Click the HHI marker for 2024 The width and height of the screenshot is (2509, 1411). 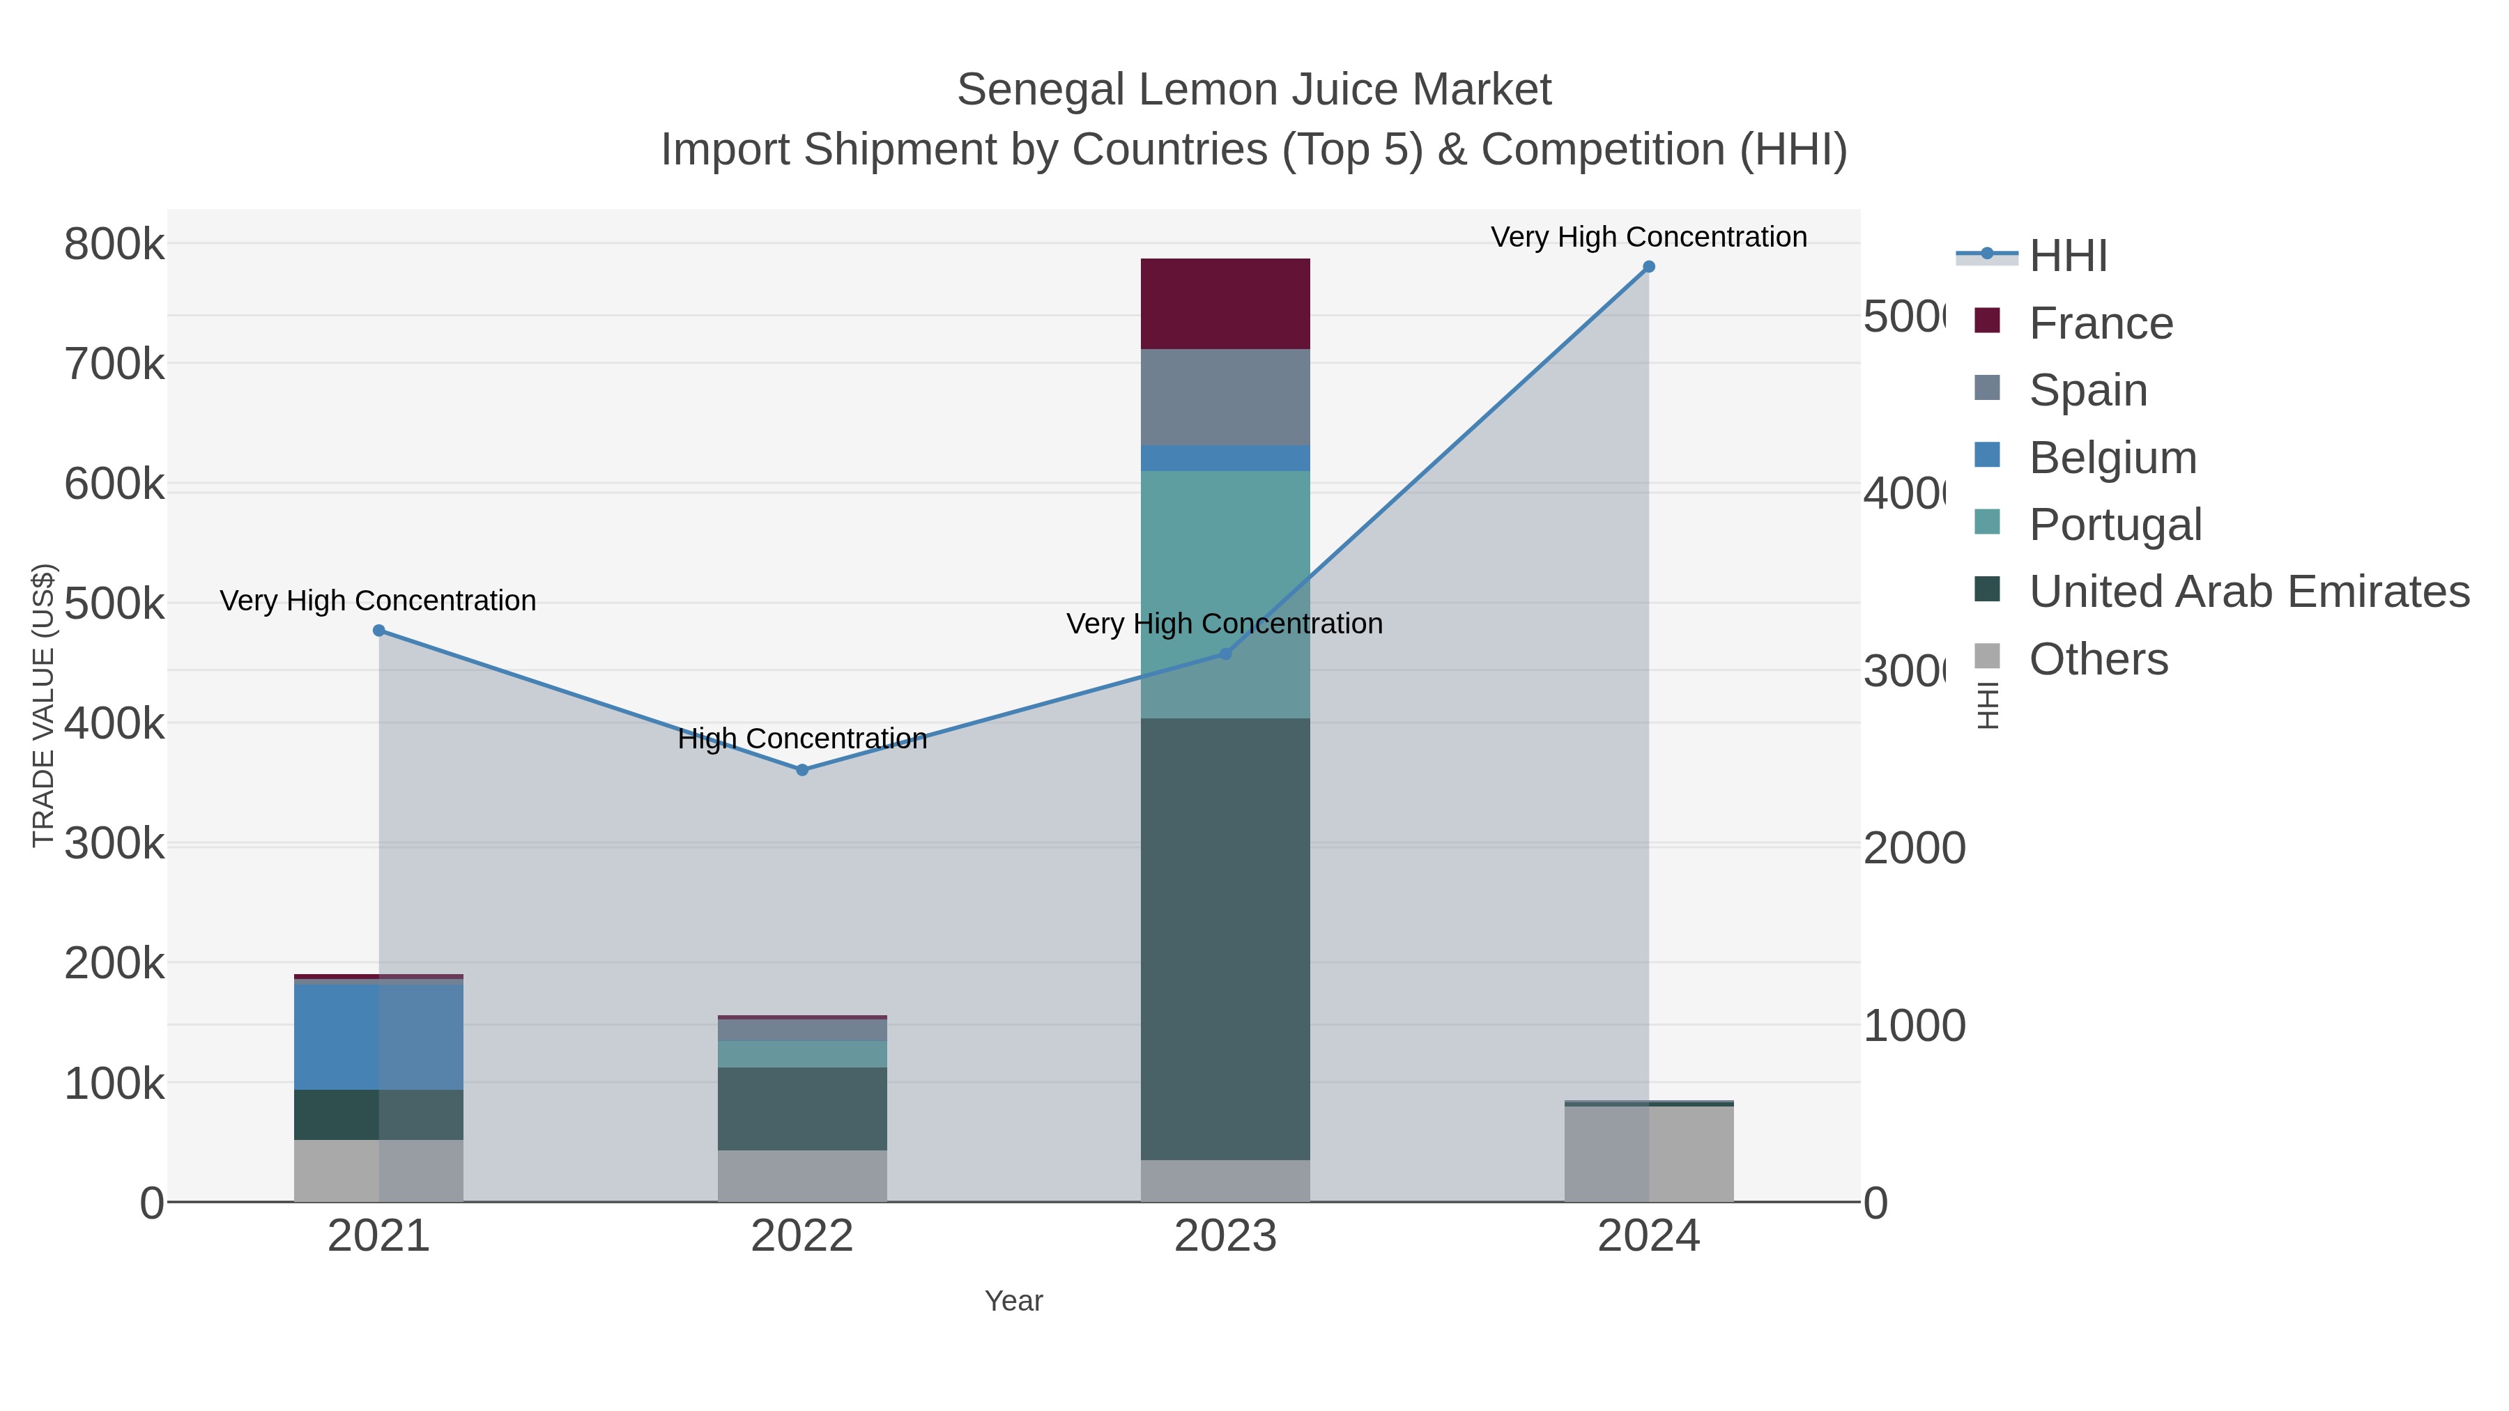point(1648,267)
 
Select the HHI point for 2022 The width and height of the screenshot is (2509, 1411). point(801,770)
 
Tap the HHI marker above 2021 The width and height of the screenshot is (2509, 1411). point(379,631)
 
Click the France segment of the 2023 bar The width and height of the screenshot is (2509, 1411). point(1225,304)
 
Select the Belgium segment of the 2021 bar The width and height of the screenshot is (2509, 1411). point(379,1037)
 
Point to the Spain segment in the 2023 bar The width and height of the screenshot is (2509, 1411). point(1225,397)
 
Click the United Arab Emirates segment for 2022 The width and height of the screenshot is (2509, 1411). point(801,1109)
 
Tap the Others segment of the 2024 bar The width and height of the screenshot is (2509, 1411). point(1648,1154)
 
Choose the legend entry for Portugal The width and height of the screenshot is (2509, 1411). point(2115,525)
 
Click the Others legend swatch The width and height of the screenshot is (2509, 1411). point(1987,657)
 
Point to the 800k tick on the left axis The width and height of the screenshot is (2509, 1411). point(114,245)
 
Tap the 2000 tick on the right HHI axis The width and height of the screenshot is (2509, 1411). point(1914,848)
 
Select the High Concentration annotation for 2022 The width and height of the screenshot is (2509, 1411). point(801,739)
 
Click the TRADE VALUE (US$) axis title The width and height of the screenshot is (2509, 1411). point(43,705)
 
